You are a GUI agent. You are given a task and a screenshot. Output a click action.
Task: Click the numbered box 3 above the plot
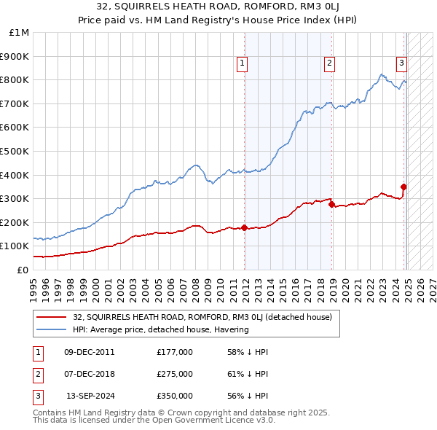(x=401, y=63)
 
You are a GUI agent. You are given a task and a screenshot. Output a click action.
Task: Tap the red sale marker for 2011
(x=245, y=227)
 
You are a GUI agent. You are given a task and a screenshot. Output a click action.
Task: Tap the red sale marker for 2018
(x=332, y=205)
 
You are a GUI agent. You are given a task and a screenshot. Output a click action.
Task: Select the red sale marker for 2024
(x=403, y=187)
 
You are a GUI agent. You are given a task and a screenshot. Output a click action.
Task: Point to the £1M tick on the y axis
(x=20, y=33)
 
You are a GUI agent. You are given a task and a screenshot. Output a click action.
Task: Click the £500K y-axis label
(x=16, y=152)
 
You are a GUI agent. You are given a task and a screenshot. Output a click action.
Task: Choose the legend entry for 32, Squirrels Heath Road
(x=202, y=317)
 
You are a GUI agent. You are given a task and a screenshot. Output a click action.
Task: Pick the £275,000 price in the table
(x=175, y=374)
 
